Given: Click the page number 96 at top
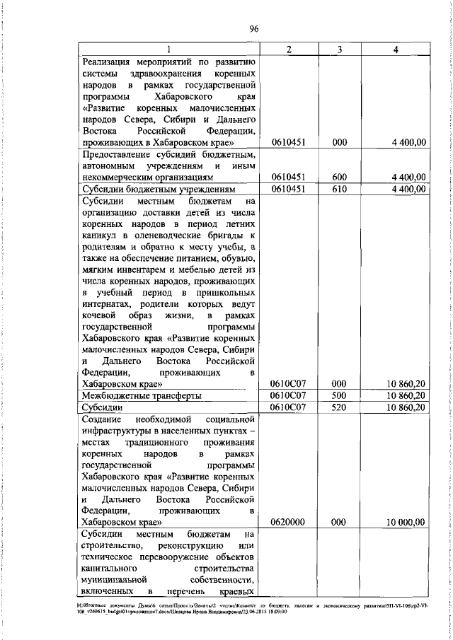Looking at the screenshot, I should coord(255,28).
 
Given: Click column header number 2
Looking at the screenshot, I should coord(289,49).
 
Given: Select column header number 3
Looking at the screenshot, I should coord(340,49).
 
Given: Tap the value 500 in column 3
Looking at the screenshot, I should coord(340,395).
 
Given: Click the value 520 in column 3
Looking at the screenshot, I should coord(340,407).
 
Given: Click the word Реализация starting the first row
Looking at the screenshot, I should coord(105,62).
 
